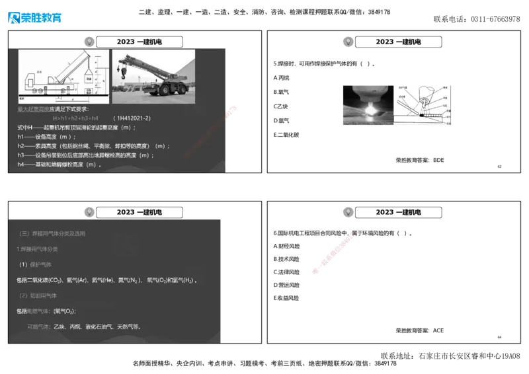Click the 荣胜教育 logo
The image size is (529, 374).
[34, 18]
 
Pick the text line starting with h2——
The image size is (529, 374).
[93, 146]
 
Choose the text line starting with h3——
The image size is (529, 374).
[85, 155]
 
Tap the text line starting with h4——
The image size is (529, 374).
[59, 165]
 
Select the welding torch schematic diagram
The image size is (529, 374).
[423, 104]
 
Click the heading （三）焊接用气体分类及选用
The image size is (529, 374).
[53, 233]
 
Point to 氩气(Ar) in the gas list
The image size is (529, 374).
[77, 280]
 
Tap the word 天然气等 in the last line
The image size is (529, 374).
[128, 326]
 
